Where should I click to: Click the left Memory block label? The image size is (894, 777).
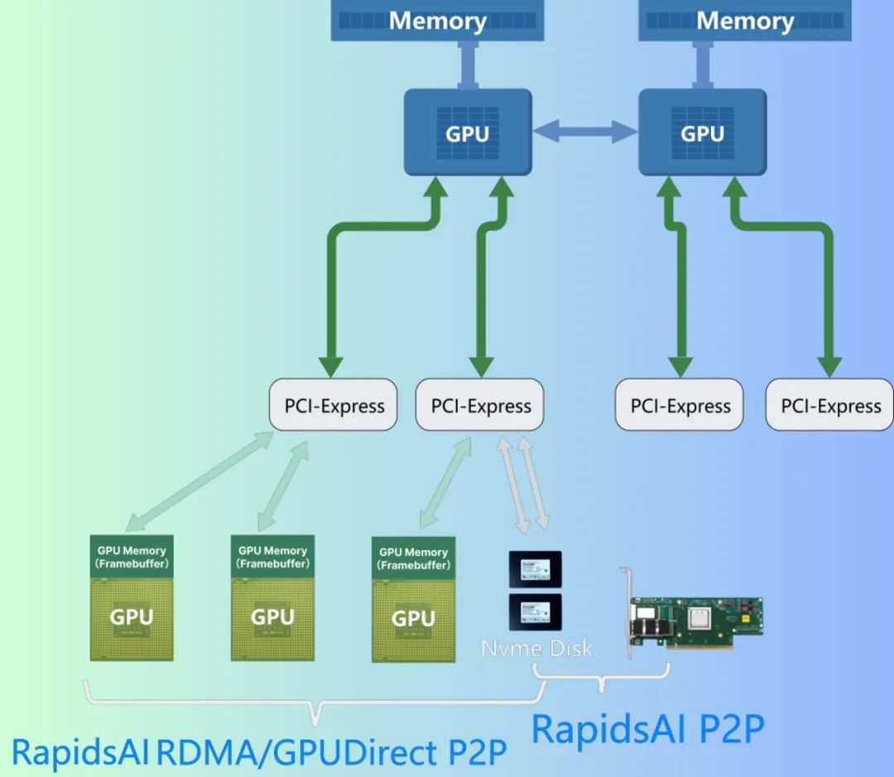(x=437, y=21)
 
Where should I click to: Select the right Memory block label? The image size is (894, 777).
(x=745, y=21)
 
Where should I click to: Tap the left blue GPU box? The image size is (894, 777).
(x=468, y=132)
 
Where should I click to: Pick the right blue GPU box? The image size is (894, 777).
(x=702, y=132)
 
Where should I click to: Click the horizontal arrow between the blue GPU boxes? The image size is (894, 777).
(x=584, y=130)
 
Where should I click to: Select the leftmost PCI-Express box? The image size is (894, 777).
(x=334, y=405)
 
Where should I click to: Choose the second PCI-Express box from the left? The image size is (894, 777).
(x=480, y=405)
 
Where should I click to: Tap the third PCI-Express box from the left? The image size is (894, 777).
(x=680, y=405)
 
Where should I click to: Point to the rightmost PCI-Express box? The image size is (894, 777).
(x=830, y=405)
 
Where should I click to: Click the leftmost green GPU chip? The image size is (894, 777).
(x=132, y=616)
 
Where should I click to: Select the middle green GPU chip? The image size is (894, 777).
(x=272, y=616)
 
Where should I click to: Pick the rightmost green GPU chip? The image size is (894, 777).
(x=413, y=618)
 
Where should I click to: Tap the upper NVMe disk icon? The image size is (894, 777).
(x=535, y=568)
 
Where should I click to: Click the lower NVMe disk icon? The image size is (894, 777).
(x=535, y=613)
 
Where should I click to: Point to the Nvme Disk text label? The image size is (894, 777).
(x=537, y=647)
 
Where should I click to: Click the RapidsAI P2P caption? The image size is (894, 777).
(x=647, y=728)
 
